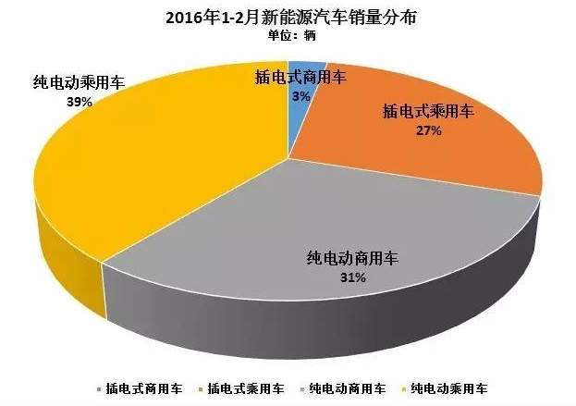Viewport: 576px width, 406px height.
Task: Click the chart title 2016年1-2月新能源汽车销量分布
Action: (288, 18)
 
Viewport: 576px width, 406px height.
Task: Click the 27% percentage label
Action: (428, 131)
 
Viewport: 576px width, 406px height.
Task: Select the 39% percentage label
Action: (79, 103)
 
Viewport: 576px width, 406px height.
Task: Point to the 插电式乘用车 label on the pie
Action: (428, 113)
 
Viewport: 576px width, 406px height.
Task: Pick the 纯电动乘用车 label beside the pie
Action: (78, 83)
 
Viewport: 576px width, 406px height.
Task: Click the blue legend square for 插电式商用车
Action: (98, 387)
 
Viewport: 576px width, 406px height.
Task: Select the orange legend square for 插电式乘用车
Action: (201, 387)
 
